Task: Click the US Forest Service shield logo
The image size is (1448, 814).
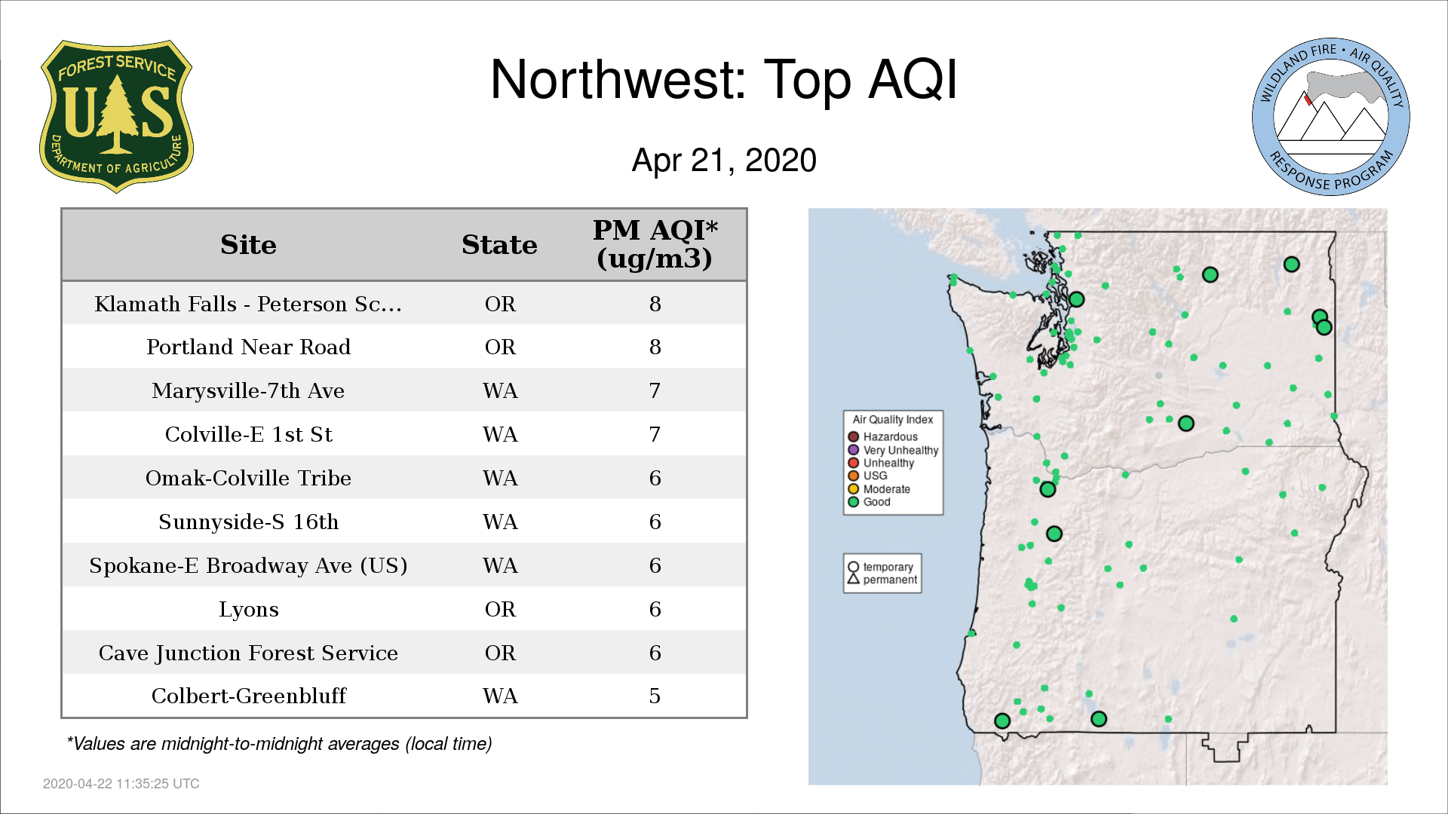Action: (116, 117)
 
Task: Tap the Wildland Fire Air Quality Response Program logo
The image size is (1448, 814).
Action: (1331, 117)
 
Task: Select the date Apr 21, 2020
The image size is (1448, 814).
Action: (724, 161)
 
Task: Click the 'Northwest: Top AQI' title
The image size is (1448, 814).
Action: (724, 80)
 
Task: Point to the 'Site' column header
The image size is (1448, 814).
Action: (248, 245)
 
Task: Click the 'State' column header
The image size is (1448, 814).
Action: (499, 245)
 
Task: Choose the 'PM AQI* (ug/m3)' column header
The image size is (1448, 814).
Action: (655, 244)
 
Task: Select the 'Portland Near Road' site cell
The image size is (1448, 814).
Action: (248, 347)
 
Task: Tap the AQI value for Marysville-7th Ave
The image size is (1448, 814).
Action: (655, 390)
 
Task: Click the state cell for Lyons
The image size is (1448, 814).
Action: (500, 609)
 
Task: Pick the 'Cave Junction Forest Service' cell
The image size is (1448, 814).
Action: (248, 653)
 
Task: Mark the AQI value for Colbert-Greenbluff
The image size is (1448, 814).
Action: (655, 696)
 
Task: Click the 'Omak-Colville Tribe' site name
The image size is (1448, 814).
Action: (248, 478)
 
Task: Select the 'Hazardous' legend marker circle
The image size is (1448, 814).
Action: (854, 436)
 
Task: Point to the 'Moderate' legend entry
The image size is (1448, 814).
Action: (879, 489)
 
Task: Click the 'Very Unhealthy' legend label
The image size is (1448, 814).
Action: (901, 450)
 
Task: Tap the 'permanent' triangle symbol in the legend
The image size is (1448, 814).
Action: (854, 579)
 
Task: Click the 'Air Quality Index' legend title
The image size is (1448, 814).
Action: (893, 419)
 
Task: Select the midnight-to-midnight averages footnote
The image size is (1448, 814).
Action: (279, 744)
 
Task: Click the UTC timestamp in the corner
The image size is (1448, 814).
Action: (121, 784)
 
